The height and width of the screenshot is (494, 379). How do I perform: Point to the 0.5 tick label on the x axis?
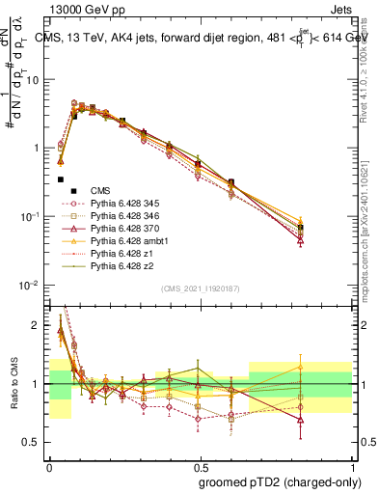200,465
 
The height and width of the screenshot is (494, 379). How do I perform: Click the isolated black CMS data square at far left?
61,179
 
